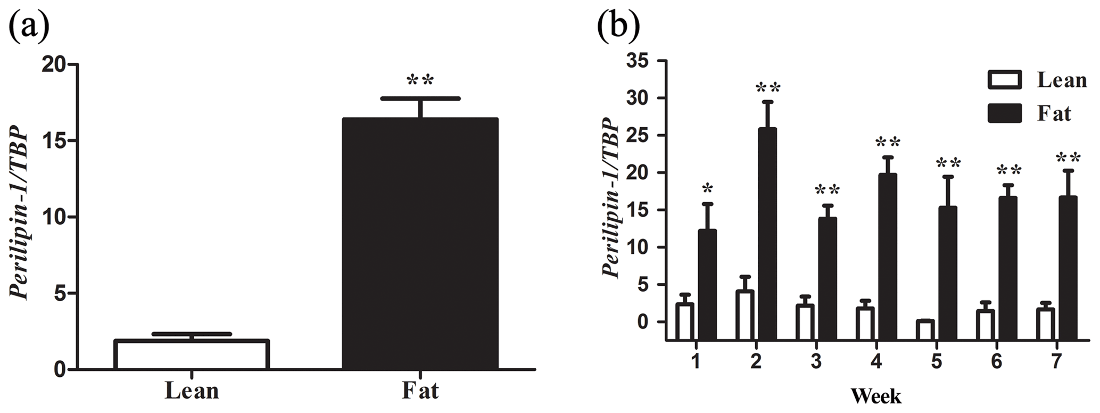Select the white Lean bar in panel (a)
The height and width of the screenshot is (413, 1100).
[x=192, y=354]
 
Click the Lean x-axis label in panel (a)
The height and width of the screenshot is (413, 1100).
[x=192, y=391]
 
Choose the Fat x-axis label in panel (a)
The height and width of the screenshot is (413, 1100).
[x=420, y=391]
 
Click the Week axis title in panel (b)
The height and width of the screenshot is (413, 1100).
[x=875, y=397]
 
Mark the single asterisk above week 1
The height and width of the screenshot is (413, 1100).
[x=707, y=189]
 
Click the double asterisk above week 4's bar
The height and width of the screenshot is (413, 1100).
[x=888, y=143]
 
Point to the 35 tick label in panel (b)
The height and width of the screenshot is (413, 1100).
[x=639, y=61]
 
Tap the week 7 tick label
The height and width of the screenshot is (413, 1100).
[x=1057, y=362]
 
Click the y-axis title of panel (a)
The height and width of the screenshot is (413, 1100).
[x=20, y=213]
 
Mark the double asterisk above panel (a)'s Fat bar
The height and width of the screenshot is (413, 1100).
[x=420, y=81]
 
